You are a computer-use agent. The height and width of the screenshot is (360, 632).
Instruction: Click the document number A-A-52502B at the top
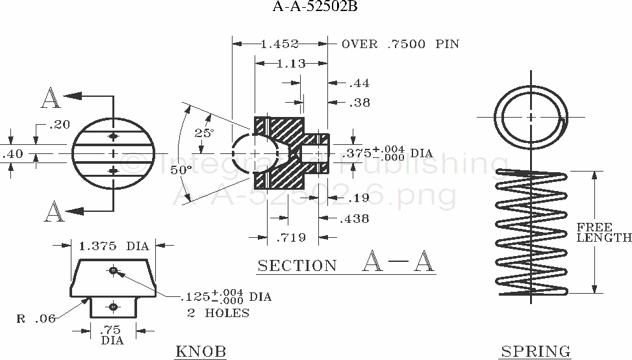(x=316, y=8)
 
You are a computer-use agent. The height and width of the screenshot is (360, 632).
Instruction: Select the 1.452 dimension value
(x=279, y=44)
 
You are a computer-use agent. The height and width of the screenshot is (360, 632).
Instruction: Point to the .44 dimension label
(x=359, y=83)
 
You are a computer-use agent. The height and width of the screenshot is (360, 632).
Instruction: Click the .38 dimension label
(x=359, y=102)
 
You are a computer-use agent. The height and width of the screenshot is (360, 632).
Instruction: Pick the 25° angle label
(x=204, y=133)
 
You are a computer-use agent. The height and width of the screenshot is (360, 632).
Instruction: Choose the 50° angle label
(x=181, y=170)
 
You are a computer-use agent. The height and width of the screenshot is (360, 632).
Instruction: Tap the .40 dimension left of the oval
(x=13, y=154)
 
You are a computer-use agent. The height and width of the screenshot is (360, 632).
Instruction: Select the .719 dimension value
(x=292, y=238)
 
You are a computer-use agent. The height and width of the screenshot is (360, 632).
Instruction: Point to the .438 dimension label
(x=355, y=219)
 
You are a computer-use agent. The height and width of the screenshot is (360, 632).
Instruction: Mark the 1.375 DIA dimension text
(x=114, y=246)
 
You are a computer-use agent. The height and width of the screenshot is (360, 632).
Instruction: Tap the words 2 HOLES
(x=218, y=313)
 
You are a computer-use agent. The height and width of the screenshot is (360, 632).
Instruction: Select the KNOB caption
(x=201, y=352)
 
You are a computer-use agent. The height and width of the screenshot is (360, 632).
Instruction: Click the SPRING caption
(x=535, y=352)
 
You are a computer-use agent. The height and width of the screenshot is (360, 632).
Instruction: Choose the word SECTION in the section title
(x=297, y=266)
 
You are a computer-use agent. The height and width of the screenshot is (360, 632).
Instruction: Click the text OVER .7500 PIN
(x=400, y=44)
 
